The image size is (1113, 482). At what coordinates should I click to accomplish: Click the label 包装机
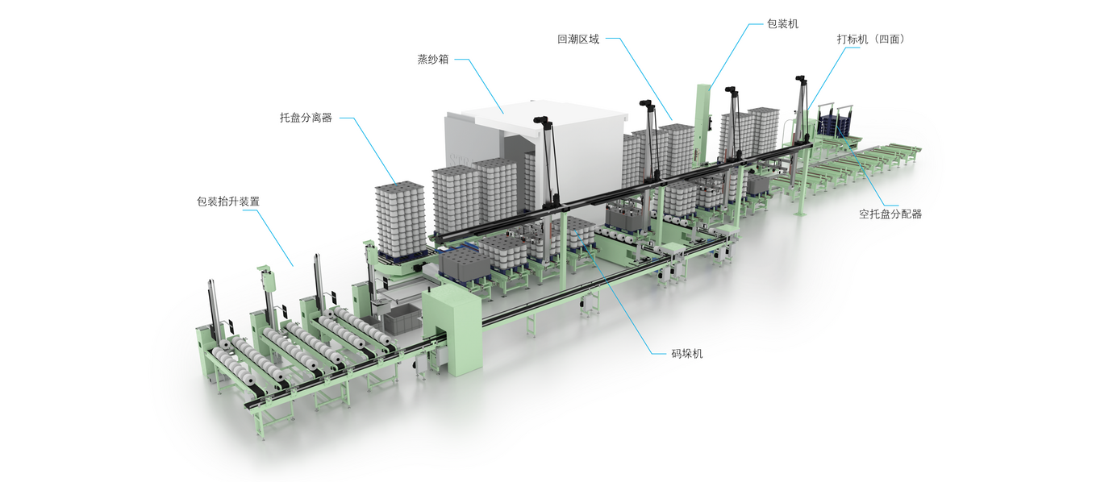point(782,24)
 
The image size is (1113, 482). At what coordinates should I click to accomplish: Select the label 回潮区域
point(577,39)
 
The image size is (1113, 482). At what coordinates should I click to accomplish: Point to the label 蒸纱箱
point(433,60)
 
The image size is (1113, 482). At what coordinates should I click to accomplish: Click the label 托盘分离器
point(306,118)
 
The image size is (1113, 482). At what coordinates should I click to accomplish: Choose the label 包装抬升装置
point(228,202)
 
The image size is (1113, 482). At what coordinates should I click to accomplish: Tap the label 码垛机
point(686,353)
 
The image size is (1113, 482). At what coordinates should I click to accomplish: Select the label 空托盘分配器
point(890,214)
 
